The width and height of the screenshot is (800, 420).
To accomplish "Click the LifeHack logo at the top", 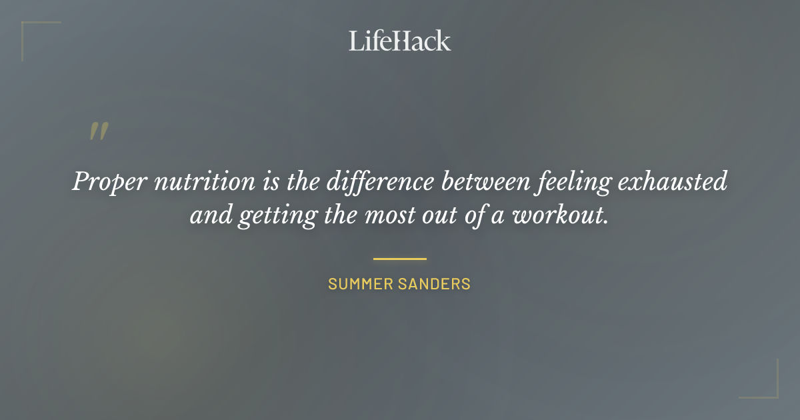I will (x=399, y=41).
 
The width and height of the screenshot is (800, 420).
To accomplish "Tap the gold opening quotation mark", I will (x=99, y=131).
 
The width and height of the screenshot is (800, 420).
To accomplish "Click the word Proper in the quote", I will (x=109, y=182).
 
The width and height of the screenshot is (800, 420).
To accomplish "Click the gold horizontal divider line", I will (x=399, y=259).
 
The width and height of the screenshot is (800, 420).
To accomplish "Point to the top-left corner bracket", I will (x=27, y=27).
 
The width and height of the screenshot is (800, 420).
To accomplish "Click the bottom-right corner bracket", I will (x=773, y=393).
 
